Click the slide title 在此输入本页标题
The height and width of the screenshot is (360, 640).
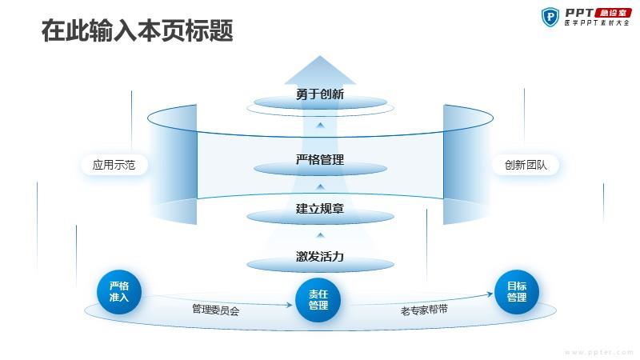(x=137, y=30)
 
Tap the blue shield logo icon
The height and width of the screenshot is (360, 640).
(x=550, y=17)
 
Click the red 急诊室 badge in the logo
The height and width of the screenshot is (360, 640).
(x=613, y=13)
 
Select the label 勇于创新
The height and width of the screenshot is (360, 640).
(x=320, y=94)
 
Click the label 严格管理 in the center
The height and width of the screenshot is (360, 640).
(x=320, y=159)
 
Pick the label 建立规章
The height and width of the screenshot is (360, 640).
(x=320, y=209)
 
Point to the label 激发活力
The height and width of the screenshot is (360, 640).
(x=320, y=256)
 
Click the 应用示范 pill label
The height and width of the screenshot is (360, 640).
(x=114, y=165)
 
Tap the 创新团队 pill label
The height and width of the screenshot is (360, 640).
(x=526, y=165)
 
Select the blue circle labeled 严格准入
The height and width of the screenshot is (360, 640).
(x=118, y=292)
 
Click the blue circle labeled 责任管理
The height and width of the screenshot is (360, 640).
(x=318, y=300)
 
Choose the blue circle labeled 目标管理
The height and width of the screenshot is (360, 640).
(x=517, y=292)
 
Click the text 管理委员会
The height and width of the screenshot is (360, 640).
(x=216, y=310)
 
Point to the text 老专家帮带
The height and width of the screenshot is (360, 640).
(x=424, y=310)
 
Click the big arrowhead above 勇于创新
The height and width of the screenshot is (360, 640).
(x=320, y=70)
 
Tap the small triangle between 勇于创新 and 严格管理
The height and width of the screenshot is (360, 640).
(x=321, y=125)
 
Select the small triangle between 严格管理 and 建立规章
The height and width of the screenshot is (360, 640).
(x=321, y=186)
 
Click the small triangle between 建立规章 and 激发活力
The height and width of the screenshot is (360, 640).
(x=321, y=235)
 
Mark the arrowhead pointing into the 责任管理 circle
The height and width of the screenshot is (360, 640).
(x=290, y=305)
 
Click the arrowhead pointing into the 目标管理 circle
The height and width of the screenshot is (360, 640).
(x=490, y=294)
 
